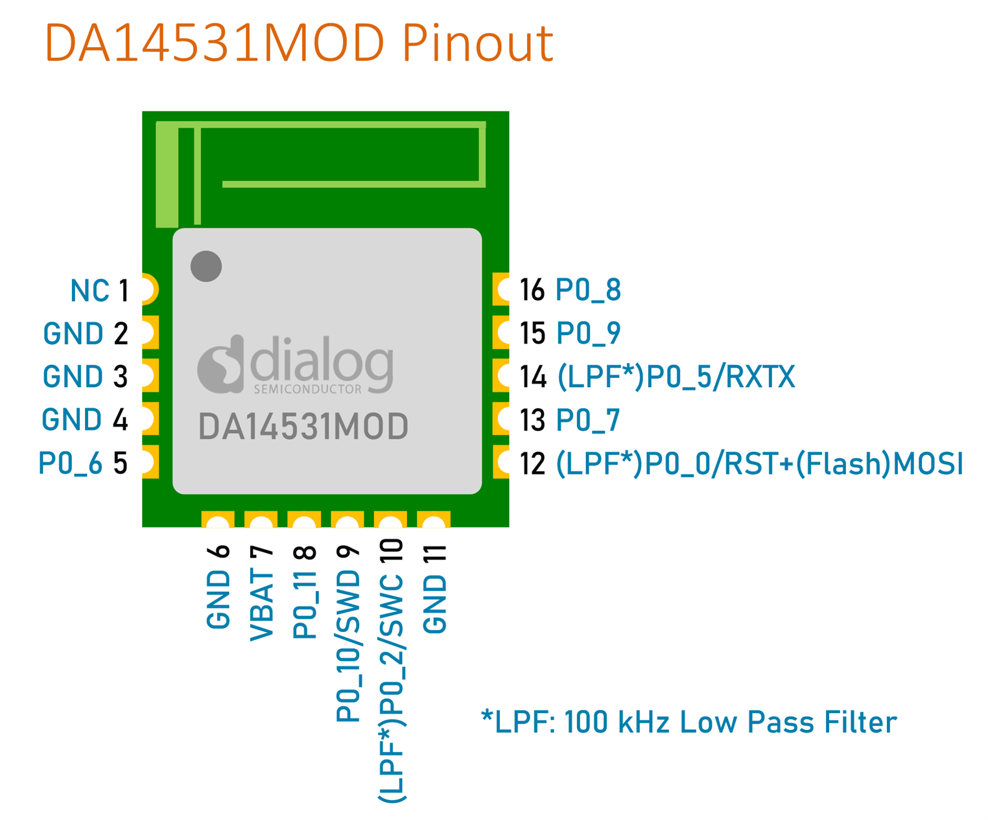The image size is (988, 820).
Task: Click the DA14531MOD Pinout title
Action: point(299,43)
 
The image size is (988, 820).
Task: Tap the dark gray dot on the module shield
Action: point(206,266)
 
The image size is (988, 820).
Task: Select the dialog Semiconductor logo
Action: point(295,364)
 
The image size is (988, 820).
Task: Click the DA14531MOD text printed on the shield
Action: point(303,427)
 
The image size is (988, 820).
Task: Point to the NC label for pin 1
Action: point(90,290)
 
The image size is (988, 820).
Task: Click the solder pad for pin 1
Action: point(150,288)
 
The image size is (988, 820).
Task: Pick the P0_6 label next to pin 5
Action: point(70,463)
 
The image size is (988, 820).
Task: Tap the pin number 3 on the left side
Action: point(120,376)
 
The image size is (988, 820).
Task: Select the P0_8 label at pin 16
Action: point(588,290)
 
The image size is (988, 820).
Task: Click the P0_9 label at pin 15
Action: point(588,333)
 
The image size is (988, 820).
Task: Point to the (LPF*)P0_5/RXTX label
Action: point(676,377)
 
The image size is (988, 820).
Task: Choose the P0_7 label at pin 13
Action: point(587,419)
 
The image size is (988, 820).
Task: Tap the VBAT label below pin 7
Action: point(262,606)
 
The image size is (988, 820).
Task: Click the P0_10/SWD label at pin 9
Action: point(347,646)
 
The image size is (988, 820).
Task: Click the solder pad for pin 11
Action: point(434,519)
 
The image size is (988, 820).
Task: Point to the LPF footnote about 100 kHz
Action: point(688,722)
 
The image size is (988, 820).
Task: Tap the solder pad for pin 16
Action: point(501,288)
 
